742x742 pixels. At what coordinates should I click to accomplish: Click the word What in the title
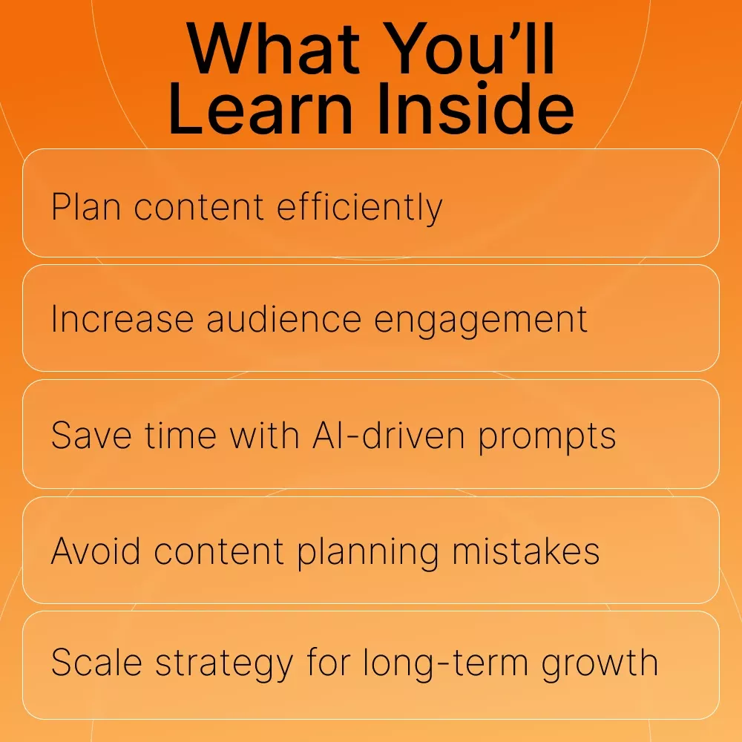pyautogui.click(x=273, y=49)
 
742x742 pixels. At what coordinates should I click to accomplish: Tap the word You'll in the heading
pyautogui.click(x=469, y=49)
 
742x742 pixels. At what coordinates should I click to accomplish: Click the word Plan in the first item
pyautogui.click(x=85, y=206)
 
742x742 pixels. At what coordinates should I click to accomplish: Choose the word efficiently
pyautogui.click(x=360, y=207)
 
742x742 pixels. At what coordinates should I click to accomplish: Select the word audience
pyautogui.click(x=284, y=319)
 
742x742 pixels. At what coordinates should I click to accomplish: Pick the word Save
pyautogui.click(x=91, y=435)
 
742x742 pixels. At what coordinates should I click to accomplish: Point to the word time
pyautogui.click(x=180, y=435)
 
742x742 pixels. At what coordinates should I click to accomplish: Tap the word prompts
pyautogui.click(x=547, y=436)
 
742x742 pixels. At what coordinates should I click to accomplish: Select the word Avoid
pyautogui.click(x=96, y=551)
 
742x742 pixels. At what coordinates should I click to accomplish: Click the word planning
pyautogui.click(x=368, y=552)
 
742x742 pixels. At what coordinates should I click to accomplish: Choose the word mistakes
pyautogui.click(x=526, y=551)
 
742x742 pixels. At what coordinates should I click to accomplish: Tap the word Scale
pyautogui.click(x=96, y=662)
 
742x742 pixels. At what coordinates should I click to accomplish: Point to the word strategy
pyautogui.click(x=224, y=663)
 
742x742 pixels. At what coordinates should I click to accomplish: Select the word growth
pyautogui.click(x=600, y=663)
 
